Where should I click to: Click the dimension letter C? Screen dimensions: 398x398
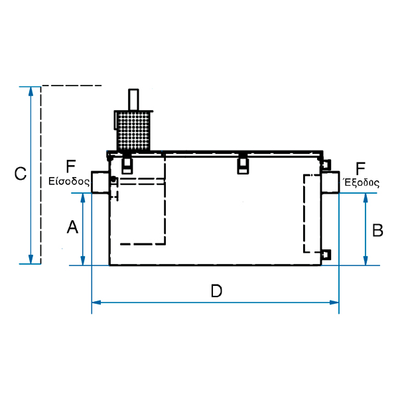tap(21, 174)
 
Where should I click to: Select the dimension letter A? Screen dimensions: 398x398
tap(72, 227)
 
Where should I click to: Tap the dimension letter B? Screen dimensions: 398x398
tap(377, 230)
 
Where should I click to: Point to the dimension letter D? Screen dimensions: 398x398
tap(216, 291)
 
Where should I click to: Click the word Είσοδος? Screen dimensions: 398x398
tap(69, 182)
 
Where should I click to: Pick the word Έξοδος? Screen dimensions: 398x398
tap(362, 183)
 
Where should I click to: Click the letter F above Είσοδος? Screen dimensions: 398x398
tap(70, 166)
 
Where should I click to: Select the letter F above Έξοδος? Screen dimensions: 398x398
tap(360, 168)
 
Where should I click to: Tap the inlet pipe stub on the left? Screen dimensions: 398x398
tap(100, 182)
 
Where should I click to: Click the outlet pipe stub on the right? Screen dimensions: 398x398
tap(330, 182)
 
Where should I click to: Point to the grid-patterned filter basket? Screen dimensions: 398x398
tap(133, 131)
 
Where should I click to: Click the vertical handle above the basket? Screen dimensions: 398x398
tap(133, 99)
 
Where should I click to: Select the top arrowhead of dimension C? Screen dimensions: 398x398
tap(31, 92)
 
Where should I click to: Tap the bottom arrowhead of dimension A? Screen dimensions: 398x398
tap(83, 261)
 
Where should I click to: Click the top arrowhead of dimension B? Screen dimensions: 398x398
tap(365, 198)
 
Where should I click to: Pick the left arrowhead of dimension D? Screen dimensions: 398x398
tap(96, 302)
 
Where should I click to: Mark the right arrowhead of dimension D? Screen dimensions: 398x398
tap(334, 302)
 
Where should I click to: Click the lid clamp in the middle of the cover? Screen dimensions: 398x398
tap(243, 165)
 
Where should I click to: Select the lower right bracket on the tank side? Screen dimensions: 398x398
tap(326, 255)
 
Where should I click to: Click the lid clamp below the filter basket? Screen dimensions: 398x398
tap(127, 165)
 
